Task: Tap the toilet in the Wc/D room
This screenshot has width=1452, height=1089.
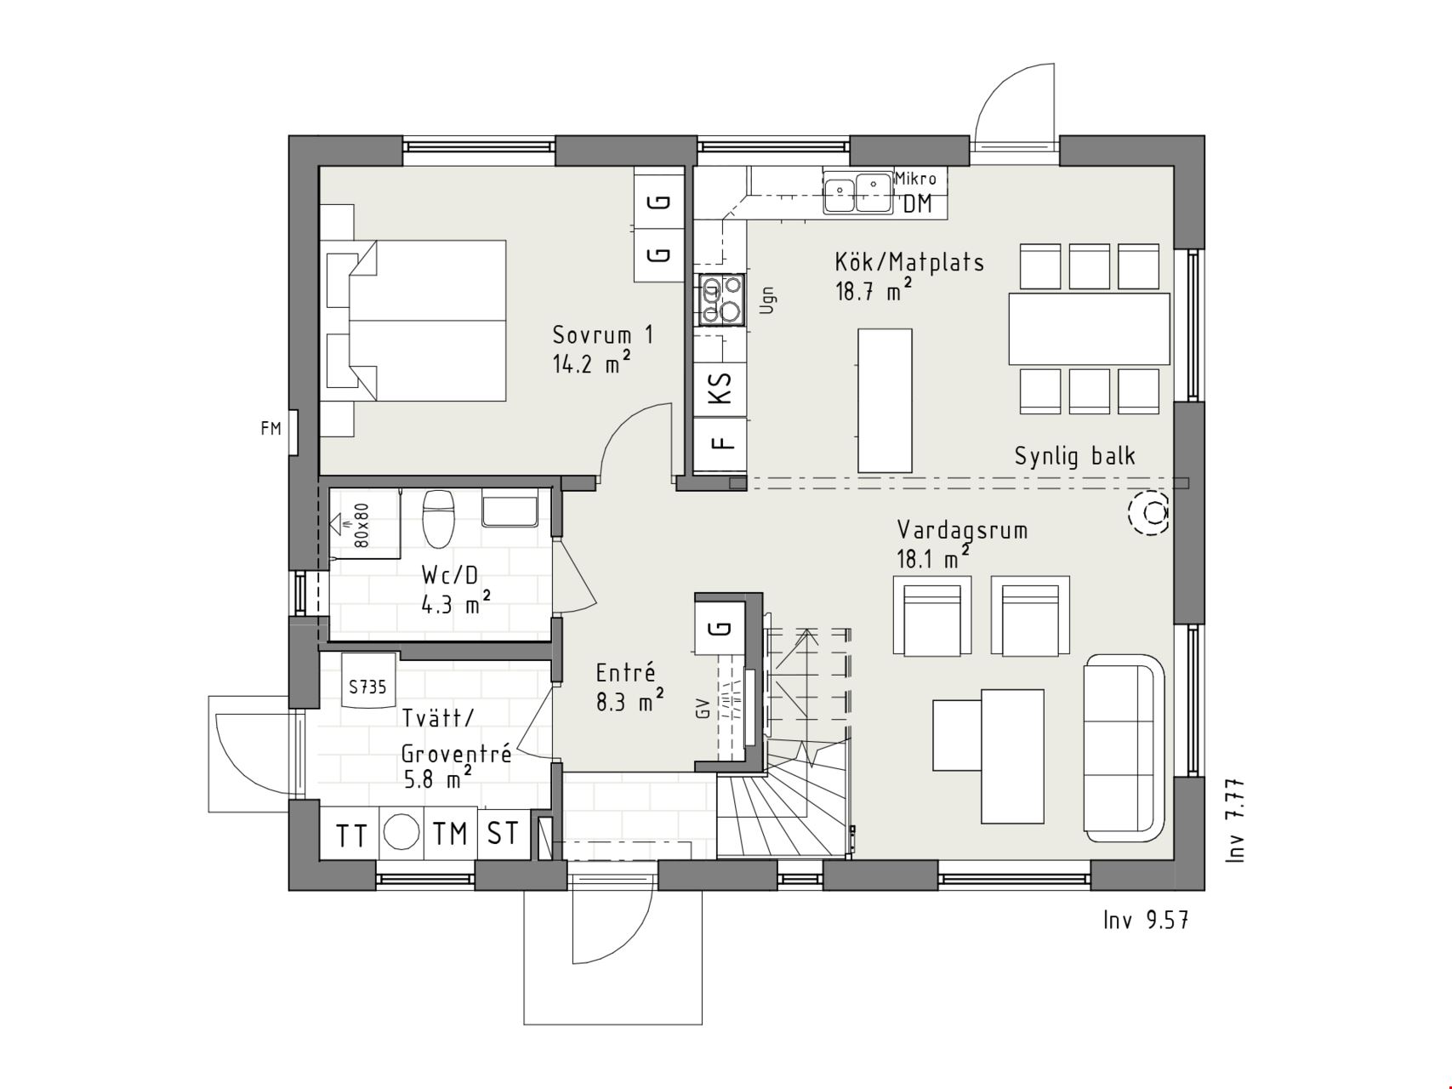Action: (x=440, y=519)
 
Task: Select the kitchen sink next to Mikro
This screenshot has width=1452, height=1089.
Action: (x=857, y=192)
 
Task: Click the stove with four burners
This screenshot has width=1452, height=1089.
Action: (x=721, y=300)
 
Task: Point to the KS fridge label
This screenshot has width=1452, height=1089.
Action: (x=720, y=389)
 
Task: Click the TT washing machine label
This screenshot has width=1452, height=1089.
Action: (x=351, y=835)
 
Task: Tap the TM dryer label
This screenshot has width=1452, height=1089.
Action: (x=450, y=834)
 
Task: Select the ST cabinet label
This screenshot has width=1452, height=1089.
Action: (x=503, y=834)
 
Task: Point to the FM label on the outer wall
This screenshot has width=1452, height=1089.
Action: (x=270, y=429)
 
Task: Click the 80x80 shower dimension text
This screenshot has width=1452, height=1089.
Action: (x=361, y=524)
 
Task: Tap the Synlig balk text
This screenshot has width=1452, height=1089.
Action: (x=1074, y=457)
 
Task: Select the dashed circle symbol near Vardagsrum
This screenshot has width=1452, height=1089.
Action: (x=1148, y=512)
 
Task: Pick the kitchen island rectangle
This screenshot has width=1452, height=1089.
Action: (x=885, y=400)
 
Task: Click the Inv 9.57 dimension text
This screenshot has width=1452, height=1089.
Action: (x=1145, y=920)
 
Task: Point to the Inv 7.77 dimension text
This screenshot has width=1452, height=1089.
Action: (x=1236, y=821)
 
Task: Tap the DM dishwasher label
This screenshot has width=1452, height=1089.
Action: (x=917, y=203)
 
